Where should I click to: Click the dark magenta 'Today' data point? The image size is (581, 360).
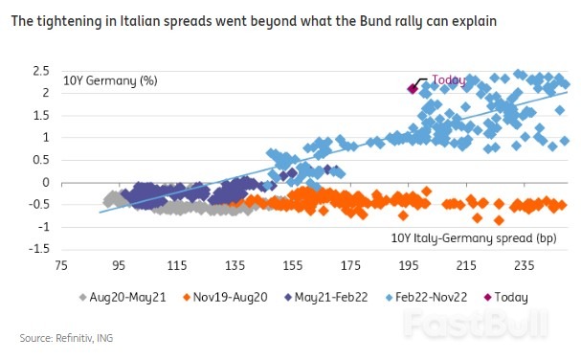coord(413,88)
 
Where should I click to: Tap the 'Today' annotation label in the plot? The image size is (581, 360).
coord(448,80)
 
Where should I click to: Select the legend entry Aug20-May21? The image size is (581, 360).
coord(128,298)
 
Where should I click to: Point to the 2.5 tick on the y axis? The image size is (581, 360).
coord(40,72)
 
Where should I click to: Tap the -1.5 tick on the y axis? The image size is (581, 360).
coord(38,249)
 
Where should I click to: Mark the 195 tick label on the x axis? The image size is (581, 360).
coord(408,265)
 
